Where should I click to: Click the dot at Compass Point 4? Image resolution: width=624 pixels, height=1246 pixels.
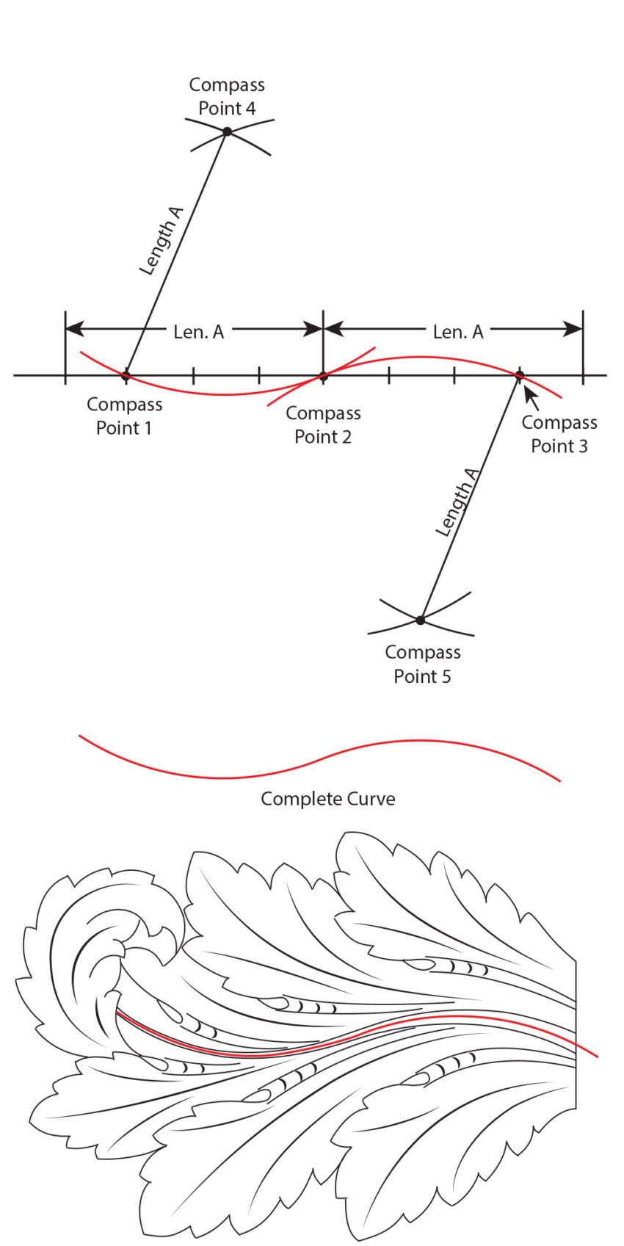[x=227, y=131]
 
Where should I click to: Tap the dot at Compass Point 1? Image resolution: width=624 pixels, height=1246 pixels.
[x=126, y=376]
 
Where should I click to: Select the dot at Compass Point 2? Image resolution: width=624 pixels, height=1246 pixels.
[x=323, y=377]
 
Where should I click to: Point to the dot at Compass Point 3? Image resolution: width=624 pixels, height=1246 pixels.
[x=519, y=376]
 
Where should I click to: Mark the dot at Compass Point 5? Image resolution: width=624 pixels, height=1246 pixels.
[x=420, y=620]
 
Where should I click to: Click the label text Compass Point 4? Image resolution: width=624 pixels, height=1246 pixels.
[x=227, y=97]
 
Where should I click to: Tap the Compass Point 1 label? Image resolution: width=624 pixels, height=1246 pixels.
[x=124, y=416]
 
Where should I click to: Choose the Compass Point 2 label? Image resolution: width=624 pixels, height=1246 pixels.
[x=323, y=425]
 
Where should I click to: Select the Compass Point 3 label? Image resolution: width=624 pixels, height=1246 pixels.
[x=559, y=434]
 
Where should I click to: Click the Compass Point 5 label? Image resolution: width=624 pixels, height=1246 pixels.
[x=423, y=664]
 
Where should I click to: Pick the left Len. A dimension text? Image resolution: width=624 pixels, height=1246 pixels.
[x=198, y=332]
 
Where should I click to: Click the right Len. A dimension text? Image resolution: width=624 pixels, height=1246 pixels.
[x=458, y=332]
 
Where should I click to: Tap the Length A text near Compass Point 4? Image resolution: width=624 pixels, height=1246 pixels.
[x=162, y=241]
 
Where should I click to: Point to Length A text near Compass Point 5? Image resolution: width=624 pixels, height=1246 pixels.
[x=457, y=501]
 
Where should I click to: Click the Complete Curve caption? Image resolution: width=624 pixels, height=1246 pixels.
[x=327, y=799]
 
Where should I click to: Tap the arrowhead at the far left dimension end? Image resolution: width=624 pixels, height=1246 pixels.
[x=75, y=329]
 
